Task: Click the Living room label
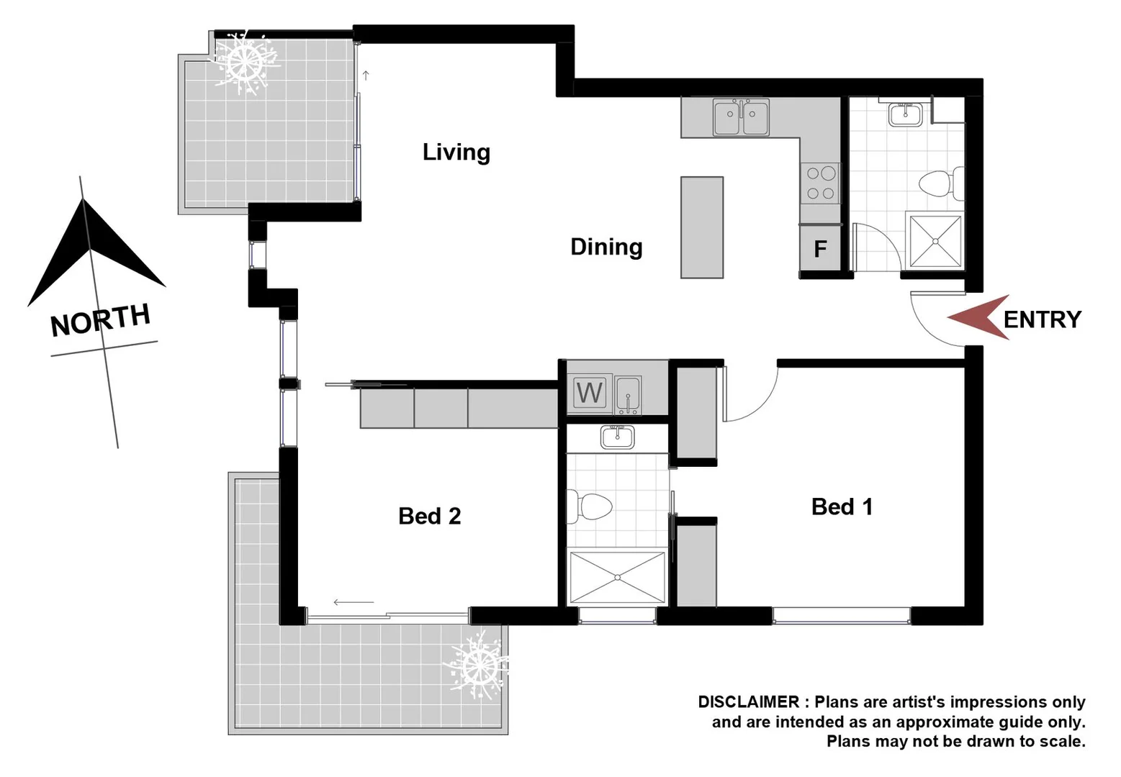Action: (456, 152)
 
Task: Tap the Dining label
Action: (605, 247)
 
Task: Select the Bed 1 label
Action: (842, 506)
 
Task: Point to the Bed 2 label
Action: (429, 516)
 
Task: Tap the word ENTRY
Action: (1042, 319)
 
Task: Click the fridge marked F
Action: (820, 249)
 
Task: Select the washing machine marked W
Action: (589, 393)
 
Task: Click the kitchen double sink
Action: (741, 117)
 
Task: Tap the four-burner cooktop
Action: (821, 183)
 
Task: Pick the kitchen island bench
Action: (701, 227)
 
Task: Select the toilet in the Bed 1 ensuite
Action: (590, 506)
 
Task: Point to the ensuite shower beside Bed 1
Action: (617, 577)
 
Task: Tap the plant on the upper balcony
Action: (245, 61)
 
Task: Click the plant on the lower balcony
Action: (477, 666)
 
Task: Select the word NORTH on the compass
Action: (100, 319)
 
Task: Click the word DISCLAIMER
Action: (749, 702)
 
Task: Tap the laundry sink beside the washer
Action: (628, 395)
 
